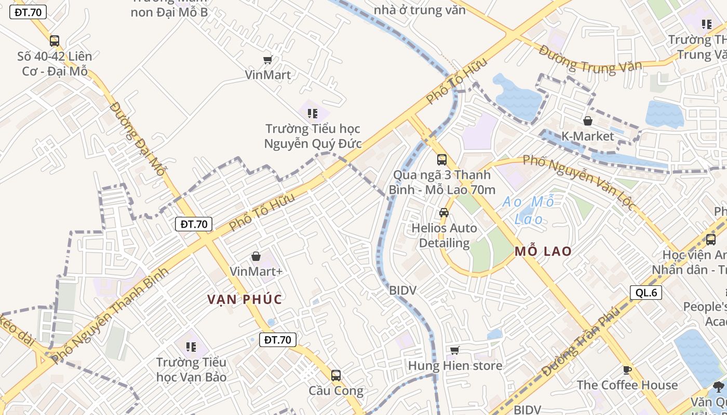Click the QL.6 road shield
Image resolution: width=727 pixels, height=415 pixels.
[646, 293]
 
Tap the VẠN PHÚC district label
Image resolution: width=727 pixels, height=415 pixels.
[245, 299]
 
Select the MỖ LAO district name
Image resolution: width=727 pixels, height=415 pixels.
[543, 252]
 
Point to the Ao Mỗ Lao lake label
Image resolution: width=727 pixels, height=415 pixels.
[529, 210]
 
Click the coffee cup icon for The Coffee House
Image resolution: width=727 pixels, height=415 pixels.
[627, 370]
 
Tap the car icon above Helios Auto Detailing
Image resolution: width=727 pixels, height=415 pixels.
[444, 212]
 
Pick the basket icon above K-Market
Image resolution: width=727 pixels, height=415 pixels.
[588, 121]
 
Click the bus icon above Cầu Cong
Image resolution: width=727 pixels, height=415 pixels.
[336, 375]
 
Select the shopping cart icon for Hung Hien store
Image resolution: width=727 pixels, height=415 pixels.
[455, 351]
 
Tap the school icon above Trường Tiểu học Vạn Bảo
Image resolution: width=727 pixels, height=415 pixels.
[191, 346]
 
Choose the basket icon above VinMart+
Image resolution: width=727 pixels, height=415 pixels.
[256, 256]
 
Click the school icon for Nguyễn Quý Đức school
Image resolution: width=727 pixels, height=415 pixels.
[312, 113]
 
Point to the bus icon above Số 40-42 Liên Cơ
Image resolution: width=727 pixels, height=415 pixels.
[55, 40]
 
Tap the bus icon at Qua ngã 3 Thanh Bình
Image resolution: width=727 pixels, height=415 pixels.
[442, 159]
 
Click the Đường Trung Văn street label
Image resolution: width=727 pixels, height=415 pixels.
[590, 59]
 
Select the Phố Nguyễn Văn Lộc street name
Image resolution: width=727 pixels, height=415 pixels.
[579, 182]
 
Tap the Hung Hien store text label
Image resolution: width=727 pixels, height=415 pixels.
[455, 366]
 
